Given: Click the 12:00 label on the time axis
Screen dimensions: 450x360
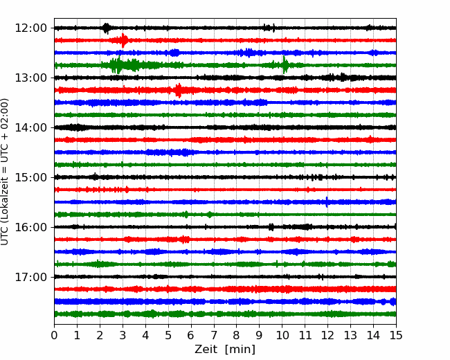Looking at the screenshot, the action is point(30,28).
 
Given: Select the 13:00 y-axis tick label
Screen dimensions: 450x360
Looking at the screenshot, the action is point(30,78).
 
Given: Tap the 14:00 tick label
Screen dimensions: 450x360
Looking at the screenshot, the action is point(30,127).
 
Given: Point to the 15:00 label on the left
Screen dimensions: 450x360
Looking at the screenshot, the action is point(30,177).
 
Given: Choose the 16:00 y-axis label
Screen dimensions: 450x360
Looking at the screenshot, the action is point(30,227).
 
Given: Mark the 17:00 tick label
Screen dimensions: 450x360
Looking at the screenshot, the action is point(30,277).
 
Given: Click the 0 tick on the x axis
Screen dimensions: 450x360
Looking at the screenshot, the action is point(54,335).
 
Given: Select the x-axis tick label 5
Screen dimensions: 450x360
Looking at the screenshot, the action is point(168,335).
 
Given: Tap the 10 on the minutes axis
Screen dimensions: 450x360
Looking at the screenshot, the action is point(282,335).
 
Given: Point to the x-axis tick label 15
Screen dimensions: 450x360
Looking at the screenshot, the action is point(396,335).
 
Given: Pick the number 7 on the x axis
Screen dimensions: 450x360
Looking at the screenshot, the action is point(214,335).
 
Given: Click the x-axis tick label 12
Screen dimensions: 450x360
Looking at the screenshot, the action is point(327,335).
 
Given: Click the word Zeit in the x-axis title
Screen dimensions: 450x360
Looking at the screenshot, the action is point(206,349).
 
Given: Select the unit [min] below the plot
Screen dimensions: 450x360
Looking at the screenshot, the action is point(240,350).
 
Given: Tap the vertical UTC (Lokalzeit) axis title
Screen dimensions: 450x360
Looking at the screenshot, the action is point(5,172).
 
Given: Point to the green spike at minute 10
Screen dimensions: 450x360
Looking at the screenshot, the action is point(285,65).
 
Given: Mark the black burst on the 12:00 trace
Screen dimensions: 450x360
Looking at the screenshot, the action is point(106,28).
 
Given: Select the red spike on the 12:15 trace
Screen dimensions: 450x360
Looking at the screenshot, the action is point(123,40).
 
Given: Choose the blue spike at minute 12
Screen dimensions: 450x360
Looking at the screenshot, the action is point(327,202).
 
